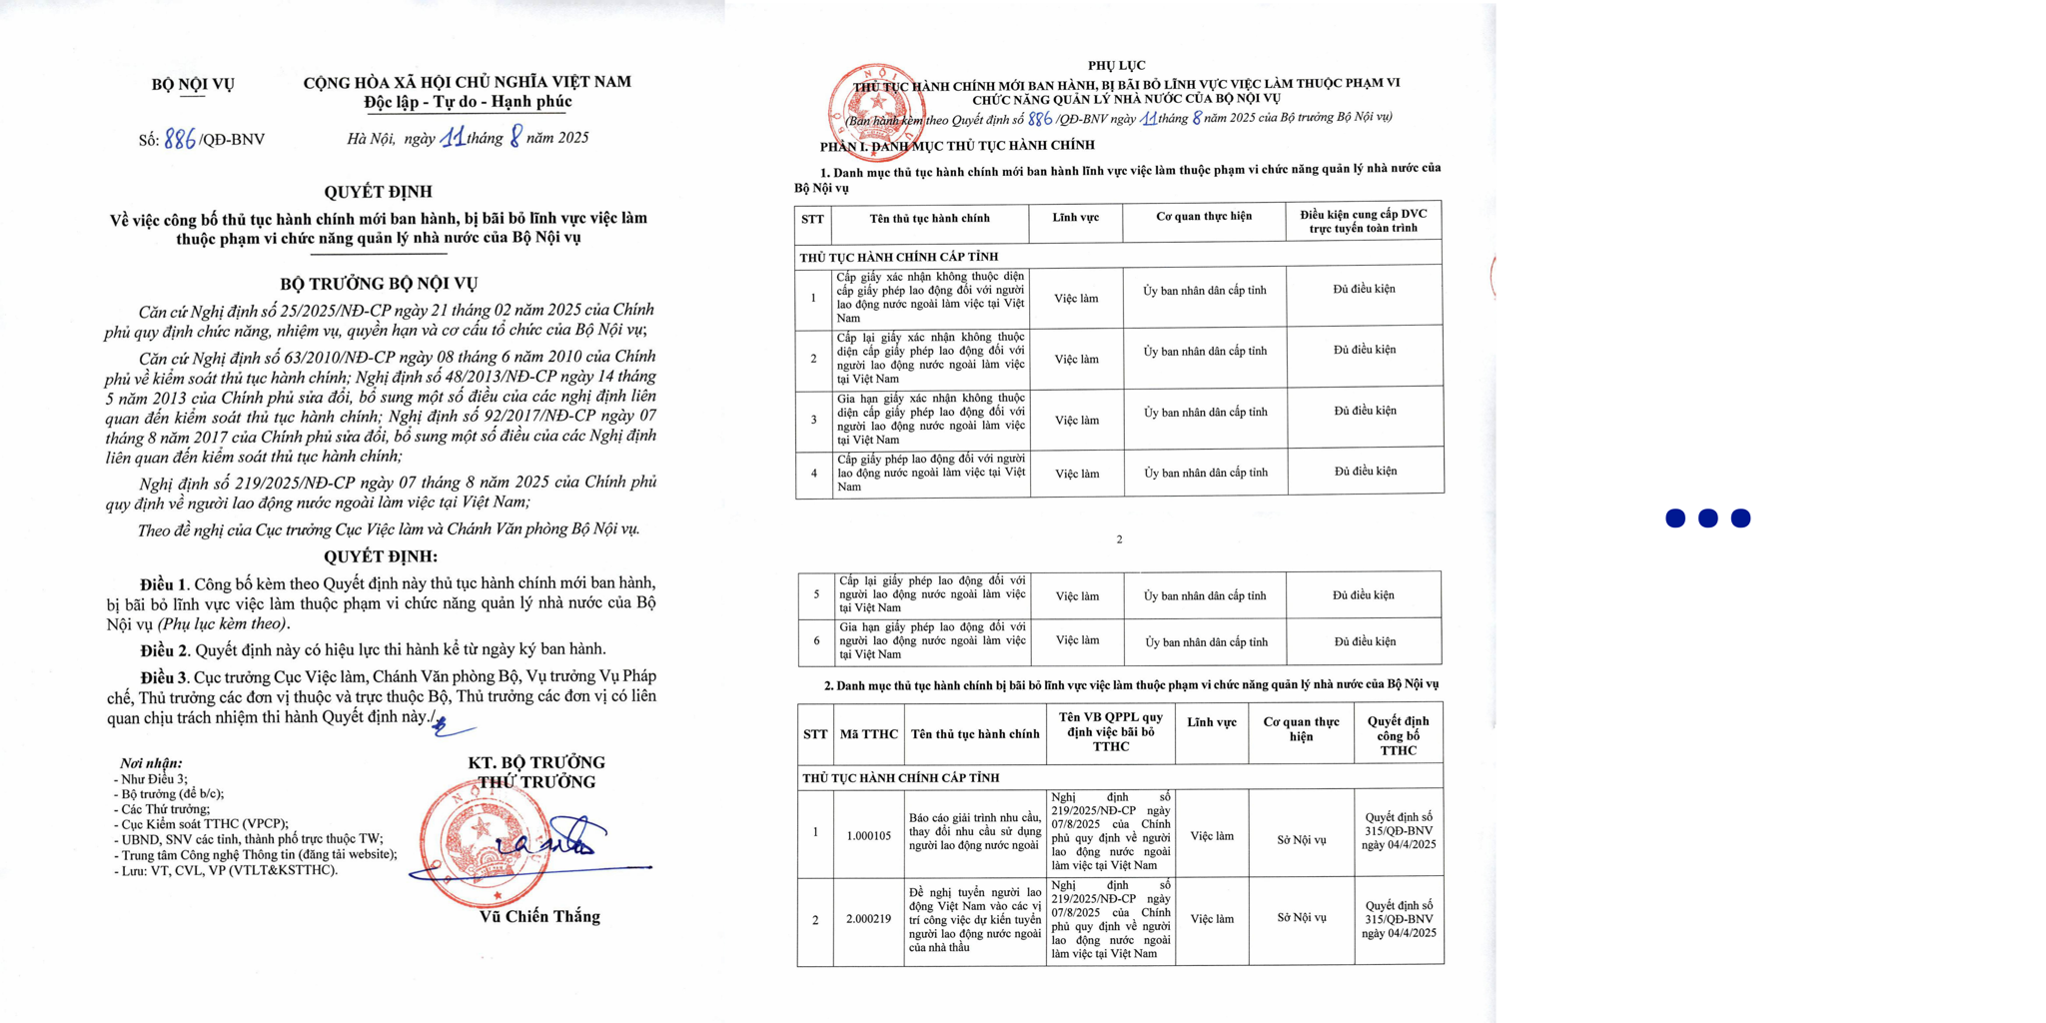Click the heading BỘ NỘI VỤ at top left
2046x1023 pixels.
point(193,84)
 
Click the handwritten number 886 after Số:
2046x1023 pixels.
point(180,139)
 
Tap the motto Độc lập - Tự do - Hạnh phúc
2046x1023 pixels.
point(468,102)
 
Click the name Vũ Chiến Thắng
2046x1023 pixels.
point(539,916)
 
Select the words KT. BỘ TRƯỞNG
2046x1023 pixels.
point(536,762)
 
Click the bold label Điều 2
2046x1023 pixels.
point(164,649)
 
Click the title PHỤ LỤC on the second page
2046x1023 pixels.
point(1116,65)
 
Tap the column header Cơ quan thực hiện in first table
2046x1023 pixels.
point(1203,217)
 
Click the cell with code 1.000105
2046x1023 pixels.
point(868,835)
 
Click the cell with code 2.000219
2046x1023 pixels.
point(868,918)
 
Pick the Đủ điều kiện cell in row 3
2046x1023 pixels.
point(1365,411)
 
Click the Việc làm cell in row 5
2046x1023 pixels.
point(1077,596)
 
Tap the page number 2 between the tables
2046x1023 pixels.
point(1119,539)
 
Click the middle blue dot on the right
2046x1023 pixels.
point(1707,517)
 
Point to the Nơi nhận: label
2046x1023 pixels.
point(151,762)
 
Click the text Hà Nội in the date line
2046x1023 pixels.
point(370,139)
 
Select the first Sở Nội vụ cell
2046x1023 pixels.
point(1301,840)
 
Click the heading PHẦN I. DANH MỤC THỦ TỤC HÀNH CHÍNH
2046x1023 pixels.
point(957,146)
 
